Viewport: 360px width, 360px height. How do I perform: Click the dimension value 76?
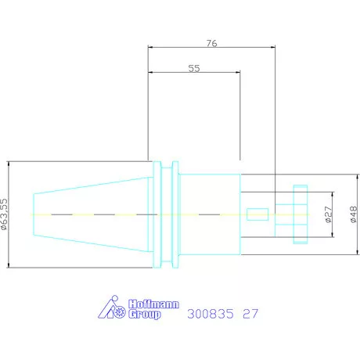point(211,43)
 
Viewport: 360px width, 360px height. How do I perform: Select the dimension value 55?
point(194,68)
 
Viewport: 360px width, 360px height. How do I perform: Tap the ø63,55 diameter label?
point(5,214)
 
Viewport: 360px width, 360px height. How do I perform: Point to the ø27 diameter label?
point(329,214)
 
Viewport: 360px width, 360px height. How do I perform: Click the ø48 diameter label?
point(353,214)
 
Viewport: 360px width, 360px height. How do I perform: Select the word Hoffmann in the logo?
point(153,304)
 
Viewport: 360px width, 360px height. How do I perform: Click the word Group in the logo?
point(144,315)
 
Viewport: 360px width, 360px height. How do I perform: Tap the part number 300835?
point(211,314)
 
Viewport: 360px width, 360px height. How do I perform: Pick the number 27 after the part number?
point(250,314)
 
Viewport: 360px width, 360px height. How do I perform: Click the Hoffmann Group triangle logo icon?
point(112,308)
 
